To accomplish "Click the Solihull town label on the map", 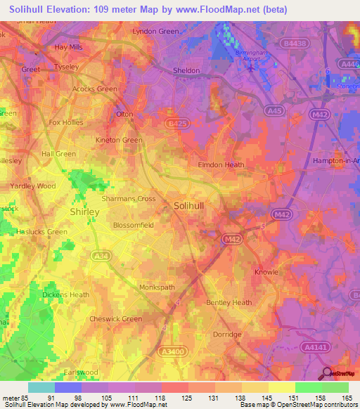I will click(190, 205).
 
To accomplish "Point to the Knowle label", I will click(266, 272).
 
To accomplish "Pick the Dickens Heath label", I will click(65, 294).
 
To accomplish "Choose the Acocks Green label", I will click(95, 89).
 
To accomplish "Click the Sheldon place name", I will click(187, 70).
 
